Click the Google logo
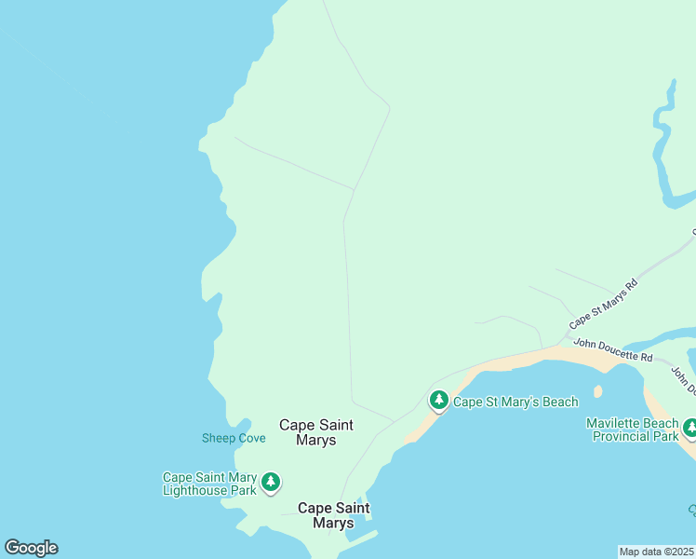pyautogui.click(x=31, y=548)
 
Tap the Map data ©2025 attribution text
pyautogui.click(x=657, y=552)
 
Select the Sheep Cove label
pyautogui.click(x=234, y=438)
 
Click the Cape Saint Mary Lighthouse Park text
pyautogui.click(x=209, y=484)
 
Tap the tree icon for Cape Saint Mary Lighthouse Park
pyautogui.click(x=270, y=482)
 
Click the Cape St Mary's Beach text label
pyautogui.click(x=515, y=402)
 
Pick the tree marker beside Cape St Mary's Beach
pyautogui.click(x=438, y=400)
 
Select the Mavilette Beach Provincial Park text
pyautogui.click(x=633, y=429)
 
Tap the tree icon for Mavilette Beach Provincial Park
pyautogui.click(x=689, y=428)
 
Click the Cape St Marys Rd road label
pyautogui.click(x=603, y=304)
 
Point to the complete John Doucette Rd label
pyautogui.click(x=612, y=350)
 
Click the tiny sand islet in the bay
pyautogui.click(x=597, y=391)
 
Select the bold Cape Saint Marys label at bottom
pyautogui.click(x=333, y=515)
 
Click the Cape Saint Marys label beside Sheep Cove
pyautogui.click(x=316, y=432)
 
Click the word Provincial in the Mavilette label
pyautogui.click(x=621, y=436)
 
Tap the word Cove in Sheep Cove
pyautogui.click(x=250, y=438)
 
